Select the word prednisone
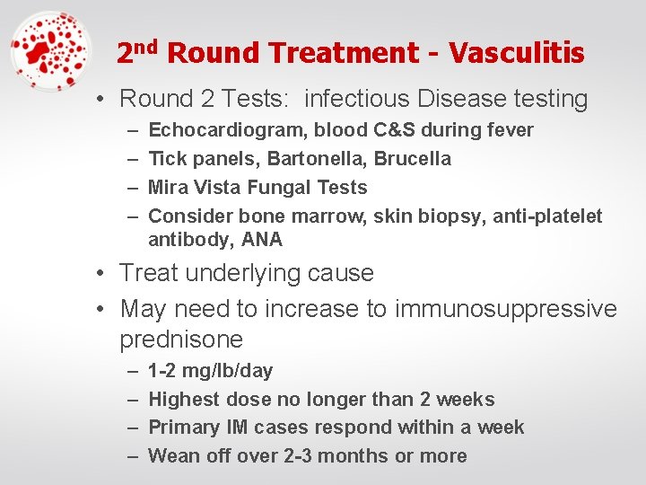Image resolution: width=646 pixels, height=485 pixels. [x=181, y=339]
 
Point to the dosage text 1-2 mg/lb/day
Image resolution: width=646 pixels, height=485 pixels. [x=210, y=371]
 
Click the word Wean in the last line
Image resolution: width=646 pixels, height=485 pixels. [x=174, y=456]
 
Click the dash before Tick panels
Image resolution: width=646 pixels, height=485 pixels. [x=131, y=159]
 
